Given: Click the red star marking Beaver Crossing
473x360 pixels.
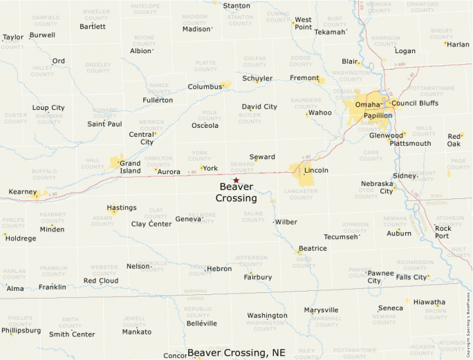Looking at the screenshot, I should click(x=236, y=180).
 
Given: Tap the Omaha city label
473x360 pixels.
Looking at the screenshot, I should click(x=368, y=104).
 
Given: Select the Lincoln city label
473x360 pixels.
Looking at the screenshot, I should click(x=316, y=170).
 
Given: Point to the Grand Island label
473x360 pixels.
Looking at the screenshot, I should click(x=130, y=167).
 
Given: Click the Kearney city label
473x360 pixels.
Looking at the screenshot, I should click(x=22, y=191).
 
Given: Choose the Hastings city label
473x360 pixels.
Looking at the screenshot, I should click(x=122, y=208).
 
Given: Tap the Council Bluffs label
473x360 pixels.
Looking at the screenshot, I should click(x=415, y=104).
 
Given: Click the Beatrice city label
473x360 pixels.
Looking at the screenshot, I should click(x=313, y=249).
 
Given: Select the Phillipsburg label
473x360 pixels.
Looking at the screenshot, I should click(x=21, y=330).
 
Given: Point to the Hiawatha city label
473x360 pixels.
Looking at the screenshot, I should click(x=429, y=302).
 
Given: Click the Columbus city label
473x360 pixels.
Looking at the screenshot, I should click(x=205, y=87).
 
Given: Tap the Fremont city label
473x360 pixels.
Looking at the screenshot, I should click(x=304, y=78).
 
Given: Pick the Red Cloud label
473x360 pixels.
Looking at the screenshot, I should click(x=101, y=281).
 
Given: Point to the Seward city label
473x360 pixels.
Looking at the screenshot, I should click(x=262, y=157).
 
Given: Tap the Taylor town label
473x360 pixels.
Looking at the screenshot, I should click(x=13, y=37).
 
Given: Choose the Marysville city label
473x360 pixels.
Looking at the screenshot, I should click(x=321, y=310).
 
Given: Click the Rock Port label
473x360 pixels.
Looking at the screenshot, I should click(x=443, y=231).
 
